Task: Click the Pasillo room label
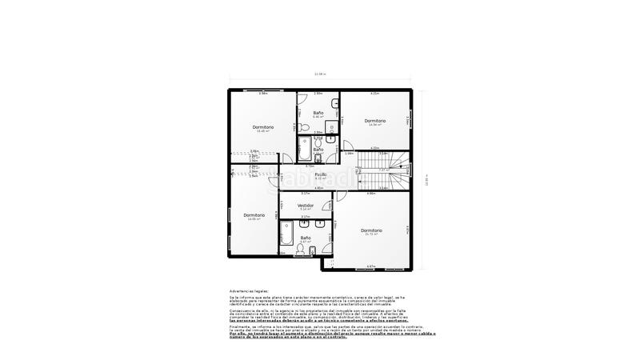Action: pyautogui.click(x=320, y=174)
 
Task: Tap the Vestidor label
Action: pyautogui.click(x=306, y=205)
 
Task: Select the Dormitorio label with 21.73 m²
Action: pyautogui.click(x=371, y=231)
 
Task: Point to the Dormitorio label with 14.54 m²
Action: pyautogui.click(x=375, y=121)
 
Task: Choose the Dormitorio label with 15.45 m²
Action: pyautogui.click(x=263, y=127)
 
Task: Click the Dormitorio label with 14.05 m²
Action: pyautogui.click(x=254, y=214)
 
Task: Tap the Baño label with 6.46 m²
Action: pyautogui.click(x=318, y=113)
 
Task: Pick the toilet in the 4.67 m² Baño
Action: pyautogui.click(x=298, y=250)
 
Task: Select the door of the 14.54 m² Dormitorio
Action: pyautogui.click(x=350, y=145)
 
